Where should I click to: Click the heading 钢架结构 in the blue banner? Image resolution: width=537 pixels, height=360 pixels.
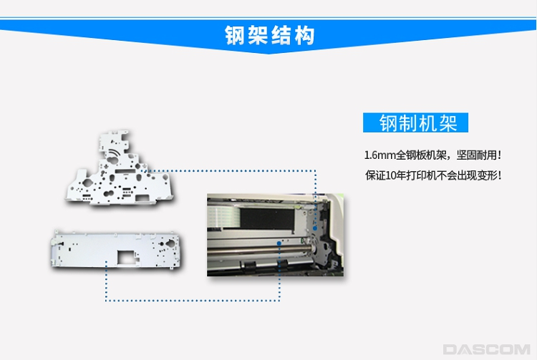click(269, 35)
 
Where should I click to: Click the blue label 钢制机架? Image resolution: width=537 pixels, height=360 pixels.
click(415, 122)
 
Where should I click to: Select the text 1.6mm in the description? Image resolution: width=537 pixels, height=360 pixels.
click(379, 155)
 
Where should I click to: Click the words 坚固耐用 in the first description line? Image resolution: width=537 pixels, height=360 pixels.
click(476, 155)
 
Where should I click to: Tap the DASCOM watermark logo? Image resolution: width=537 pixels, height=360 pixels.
click(486, 349)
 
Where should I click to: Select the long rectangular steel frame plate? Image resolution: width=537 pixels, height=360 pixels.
click(116, 249)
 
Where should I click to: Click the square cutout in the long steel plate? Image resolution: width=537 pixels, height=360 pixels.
click(127, 257)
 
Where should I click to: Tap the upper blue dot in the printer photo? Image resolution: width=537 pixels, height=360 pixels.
click(315, 228)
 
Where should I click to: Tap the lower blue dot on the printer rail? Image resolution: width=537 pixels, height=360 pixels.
click(279, 243)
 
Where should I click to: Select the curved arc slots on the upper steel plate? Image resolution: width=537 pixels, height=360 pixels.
click(115, 153)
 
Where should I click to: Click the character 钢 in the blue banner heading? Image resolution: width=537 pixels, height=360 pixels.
click(236, 35)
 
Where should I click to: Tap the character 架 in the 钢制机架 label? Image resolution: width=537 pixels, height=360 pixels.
click(447, 123)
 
